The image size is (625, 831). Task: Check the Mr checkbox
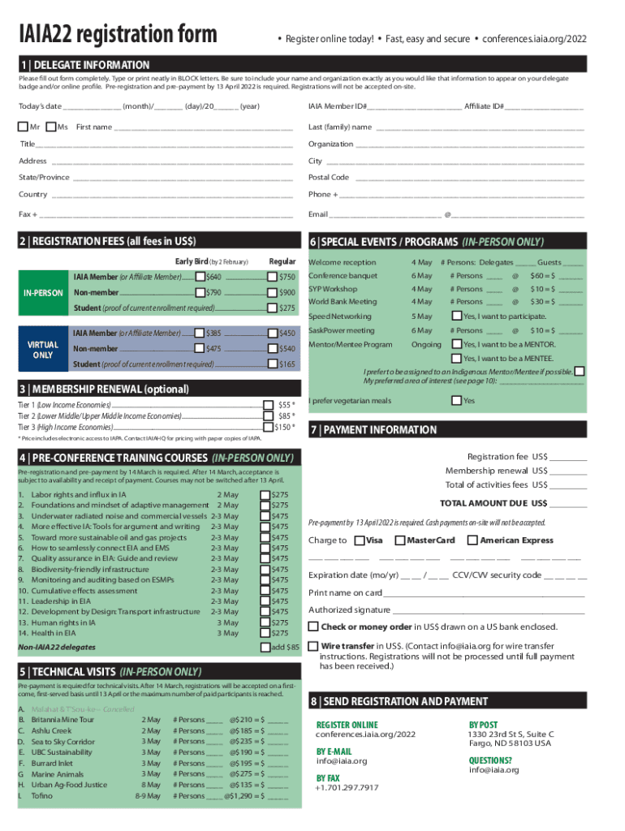pyautogui.click(x=23, y=127)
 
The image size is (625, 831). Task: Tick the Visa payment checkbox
pyautogui.click(x=360, y=540)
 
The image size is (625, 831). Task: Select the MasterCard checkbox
pyautogui.click(x=399, y=540)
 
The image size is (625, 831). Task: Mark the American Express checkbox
pyautogui.click(x=473, y=540)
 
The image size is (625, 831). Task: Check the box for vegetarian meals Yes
pyautogui.click(x=456, y=400)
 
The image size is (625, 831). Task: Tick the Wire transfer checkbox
pyautogui.click(x=312, y=646)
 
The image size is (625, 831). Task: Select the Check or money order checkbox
pyautogui.click(x=312, y=626)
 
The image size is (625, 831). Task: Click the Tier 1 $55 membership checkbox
pyautogui.click(x=268, y=404)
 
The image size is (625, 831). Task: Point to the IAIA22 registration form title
pyautogui.click(x=119, y=35)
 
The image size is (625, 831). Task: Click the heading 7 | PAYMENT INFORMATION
pyautogui.click(x=379, y=430)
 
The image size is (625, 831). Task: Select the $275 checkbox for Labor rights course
pyautogui.click(x=264, y=494)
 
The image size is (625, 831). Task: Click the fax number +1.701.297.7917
pyautogui.click(x=347, y=788)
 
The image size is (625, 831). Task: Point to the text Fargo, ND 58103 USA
pyautogui.click(x=509, y=743)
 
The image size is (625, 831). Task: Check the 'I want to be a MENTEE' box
pyautogui.click(x=456, y=358)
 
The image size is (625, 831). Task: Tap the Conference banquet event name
pyautogui.click(x=343, y=276)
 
